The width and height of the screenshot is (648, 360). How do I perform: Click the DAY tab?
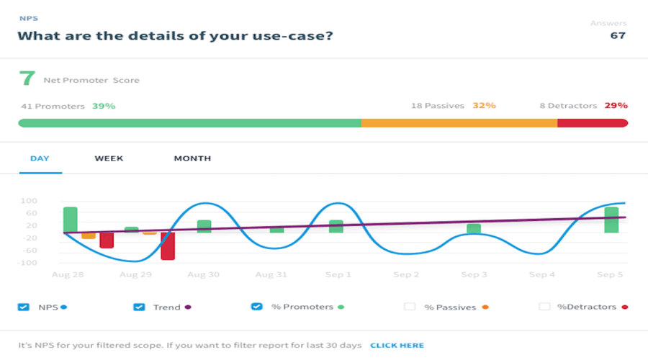tap(40, 158)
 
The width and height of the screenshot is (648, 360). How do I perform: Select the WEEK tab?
tap(109, 158)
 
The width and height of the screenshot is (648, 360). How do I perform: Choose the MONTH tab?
tap(192, 158)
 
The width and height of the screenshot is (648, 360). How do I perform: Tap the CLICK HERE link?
tap(397, 346)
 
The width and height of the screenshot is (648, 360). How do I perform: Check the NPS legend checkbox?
tap(24, 307)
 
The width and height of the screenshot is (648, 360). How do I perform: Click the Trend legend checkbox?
tap(140, 307)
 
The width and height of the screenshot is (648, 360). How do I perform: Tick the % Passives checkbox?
tap(410, 307)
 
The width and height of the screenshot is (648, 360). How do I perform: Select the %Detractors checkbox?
tap(544, 307)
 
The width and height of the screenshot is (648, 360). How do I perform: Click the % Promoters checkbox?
tap(256, 307)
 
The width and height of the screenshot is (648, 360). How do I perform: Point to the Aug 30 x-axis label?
tap(204, 275)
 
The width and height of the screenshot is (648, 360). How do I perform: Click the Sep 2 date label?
tap(407, 275)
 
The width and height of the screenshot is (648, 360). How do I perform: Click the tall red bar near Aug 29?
tap(168, 246)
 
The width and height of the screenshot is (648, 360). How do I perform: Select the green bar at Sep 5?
tap(611, 220)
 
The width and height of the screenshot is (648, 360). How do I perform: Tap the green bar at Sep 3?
tap(474, 228)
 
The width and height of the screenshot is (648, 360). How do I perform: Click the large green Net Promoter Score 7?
tap(27, 79)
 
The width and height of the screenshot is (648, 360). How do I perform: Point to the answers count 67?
tap(618, 35)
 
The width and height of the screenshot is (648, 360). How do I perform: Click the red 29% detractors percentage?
tap(616, 106)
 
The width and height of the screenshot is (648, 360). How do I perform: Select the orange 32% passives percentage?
tap(484, 106)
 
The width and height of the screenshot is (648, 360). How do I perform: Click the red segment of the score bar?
tap(592, 123)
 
